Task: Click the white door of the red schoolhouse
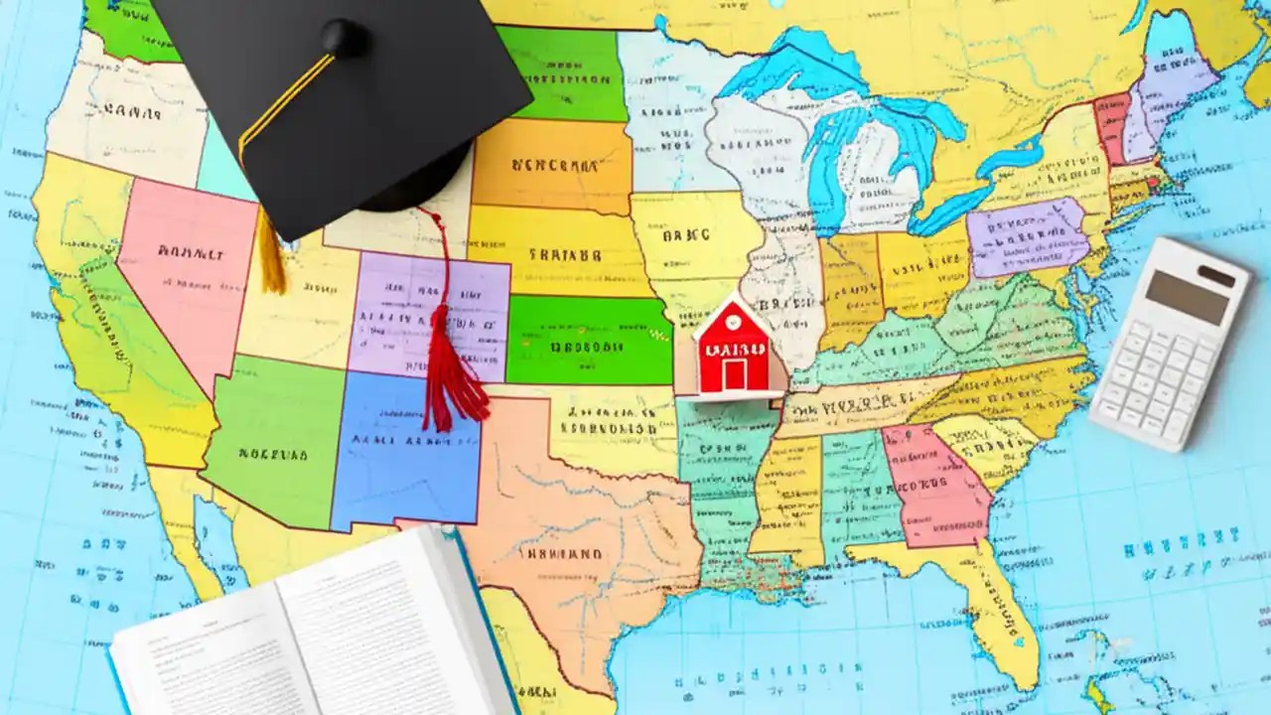click(x=735, y=374)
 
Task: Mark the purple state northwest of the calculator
click(x=1027, y=236)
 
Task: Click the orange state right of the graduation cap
click(x=552, y=165)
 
